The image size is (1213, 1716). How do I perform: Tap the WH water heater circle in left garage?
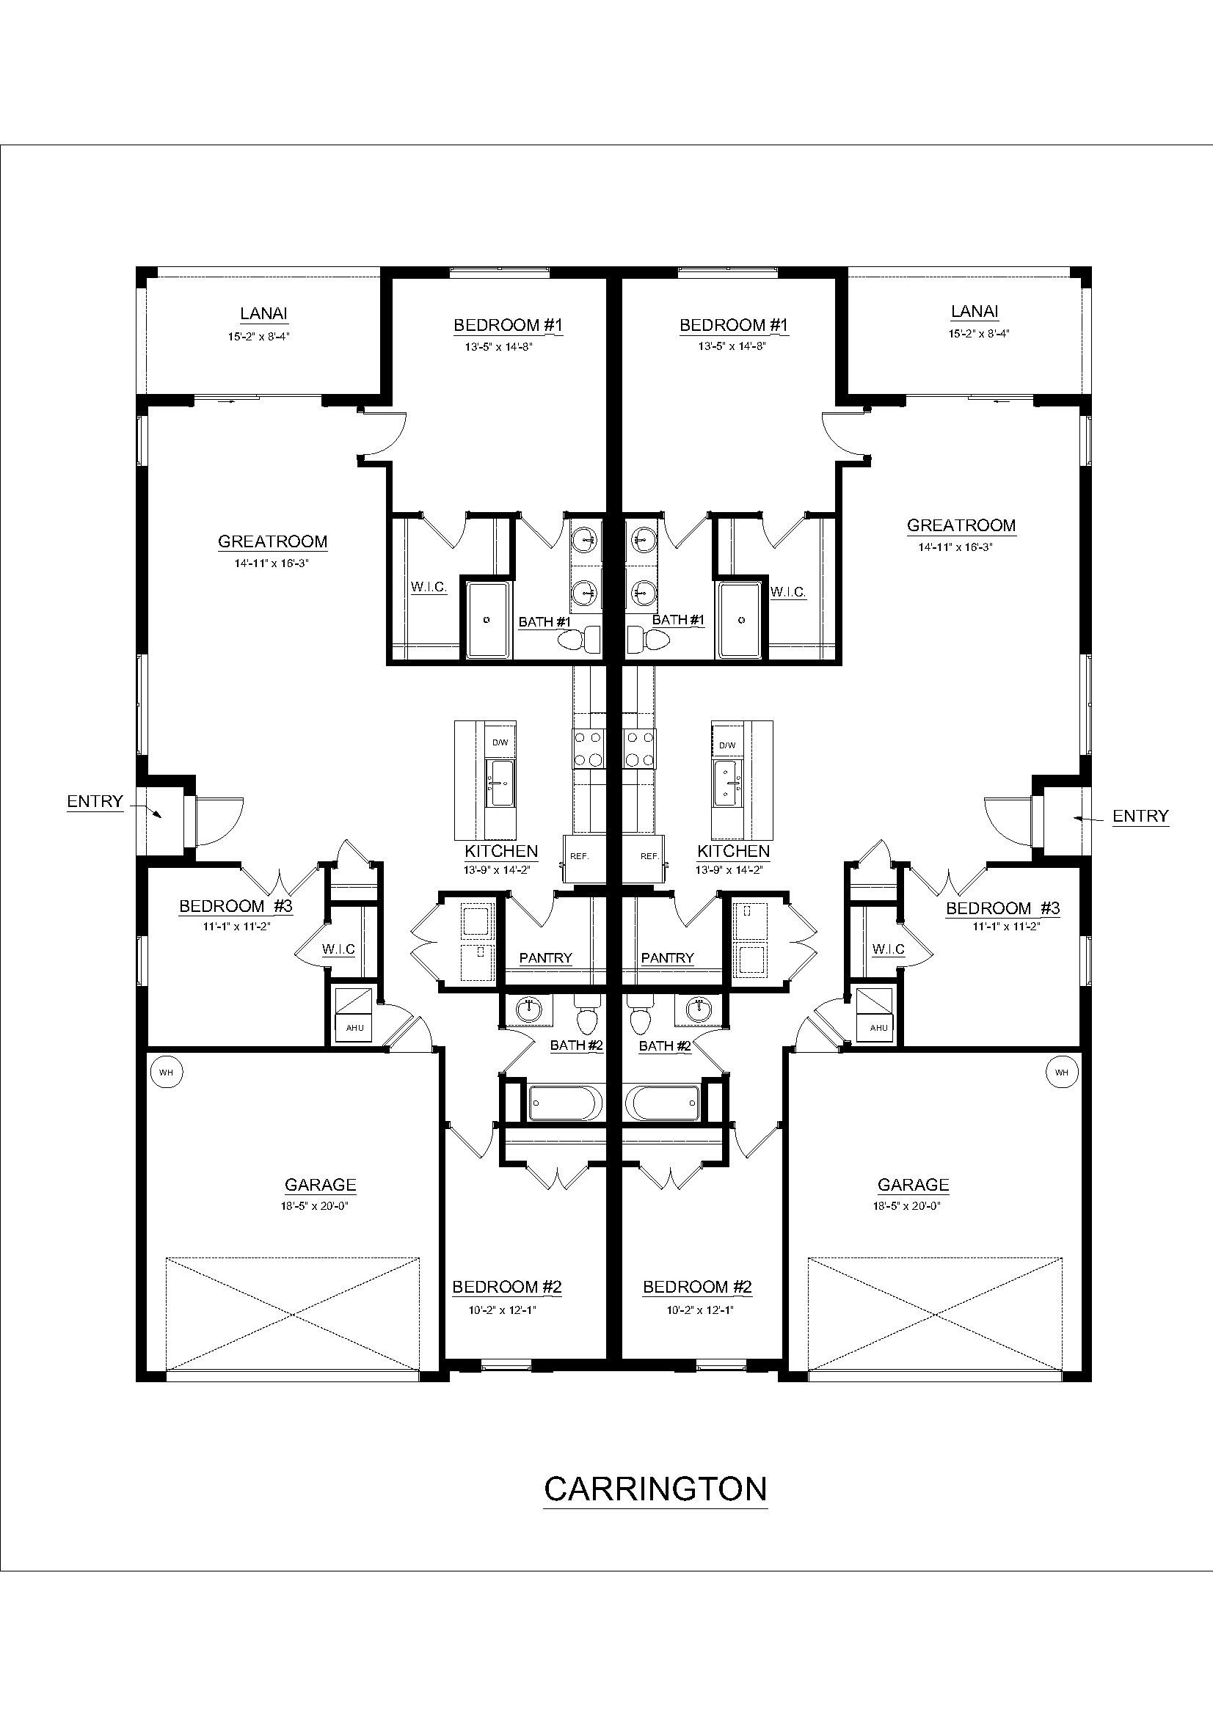[x=166, y=1072]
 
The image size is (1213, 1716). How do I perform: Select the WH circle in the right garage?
[x=1061, y=1072]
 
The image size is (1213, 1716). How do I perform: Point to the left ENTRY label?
[x=95, y=801]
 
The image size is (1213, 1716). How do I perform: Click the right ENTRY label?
[x=1140, y=816]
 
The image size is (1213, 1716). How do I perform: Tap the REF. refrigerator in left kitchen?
[x=579, y=856]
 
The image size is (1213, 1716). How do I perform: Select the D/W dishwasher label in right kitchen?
[x=726, y=745]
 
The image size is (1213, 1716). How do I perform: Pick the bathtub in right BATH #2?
[x=662, y=1103]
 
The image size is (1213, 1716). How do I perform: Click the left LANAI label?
[x=263, y=314]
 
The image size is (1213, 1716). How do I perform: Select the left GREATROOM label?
[x=272, y=541]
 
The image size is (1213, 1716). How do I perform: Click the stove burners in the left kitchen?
[x=588, y=748]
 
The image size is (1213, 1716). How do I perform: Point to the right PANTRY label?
[x=668, y=958]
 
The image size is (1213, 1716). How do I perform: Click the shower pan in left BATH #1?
[x=487, y=620]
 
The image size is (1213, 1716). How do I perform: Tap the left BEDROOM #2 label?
[x=507, y=1287]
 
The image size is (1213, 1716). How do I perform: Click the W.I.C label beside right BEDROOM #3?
[x=888, y=949]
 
